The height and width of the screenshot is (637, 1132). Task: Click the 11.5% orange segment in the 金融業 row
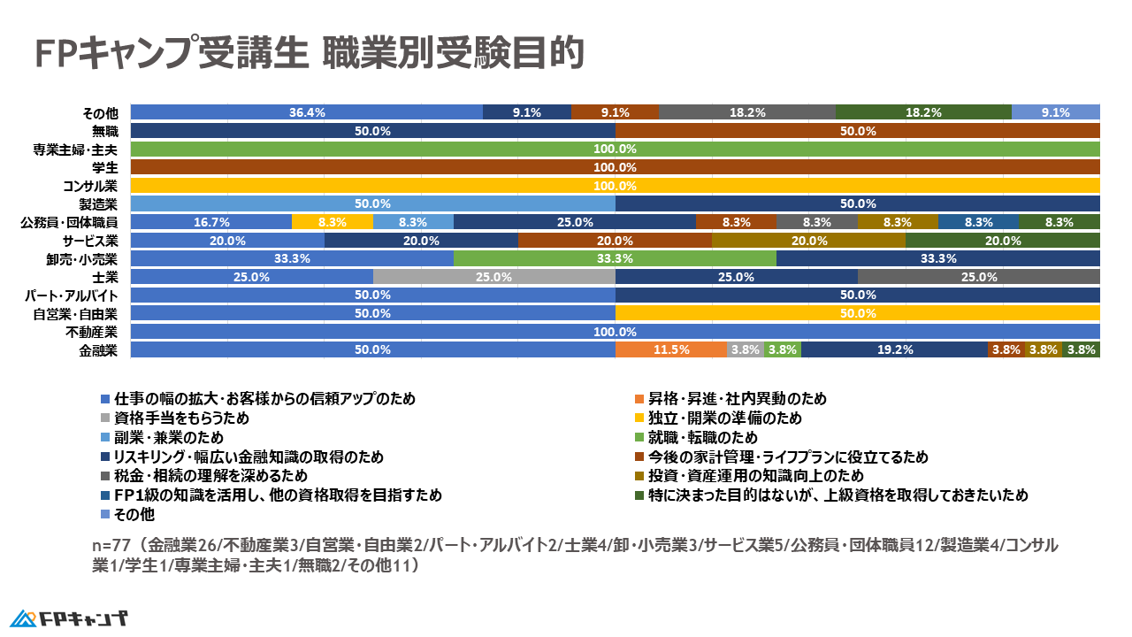pos(670,349)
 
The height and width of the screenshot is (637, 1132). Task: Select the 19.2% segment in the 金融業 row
pos(894,349)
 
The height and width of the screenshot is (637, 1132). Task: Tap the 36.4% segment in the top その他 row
pos(307,112)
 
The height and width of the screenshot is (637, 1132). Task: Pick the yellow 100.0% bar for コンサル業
pos(615,186)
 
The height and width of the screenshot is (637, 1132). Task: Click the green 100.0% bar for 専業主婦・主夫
pos(615,149)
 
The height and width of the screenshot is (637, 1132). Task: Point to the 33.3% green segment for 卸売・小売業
pos(615,258)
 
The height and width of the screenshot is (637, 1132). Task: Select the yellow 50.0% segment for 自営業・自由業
pos(857,313)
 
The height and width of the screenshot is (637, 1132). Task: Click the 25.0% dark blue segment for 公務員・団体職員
pos(575,222)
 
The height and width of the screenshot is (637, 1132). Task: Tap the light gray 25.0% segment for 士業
pos(493,277)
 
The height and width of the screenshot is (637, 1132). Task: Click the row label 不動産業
pos(92,332)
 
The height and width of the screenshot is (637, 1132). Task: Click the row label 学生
pos(104,167)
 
